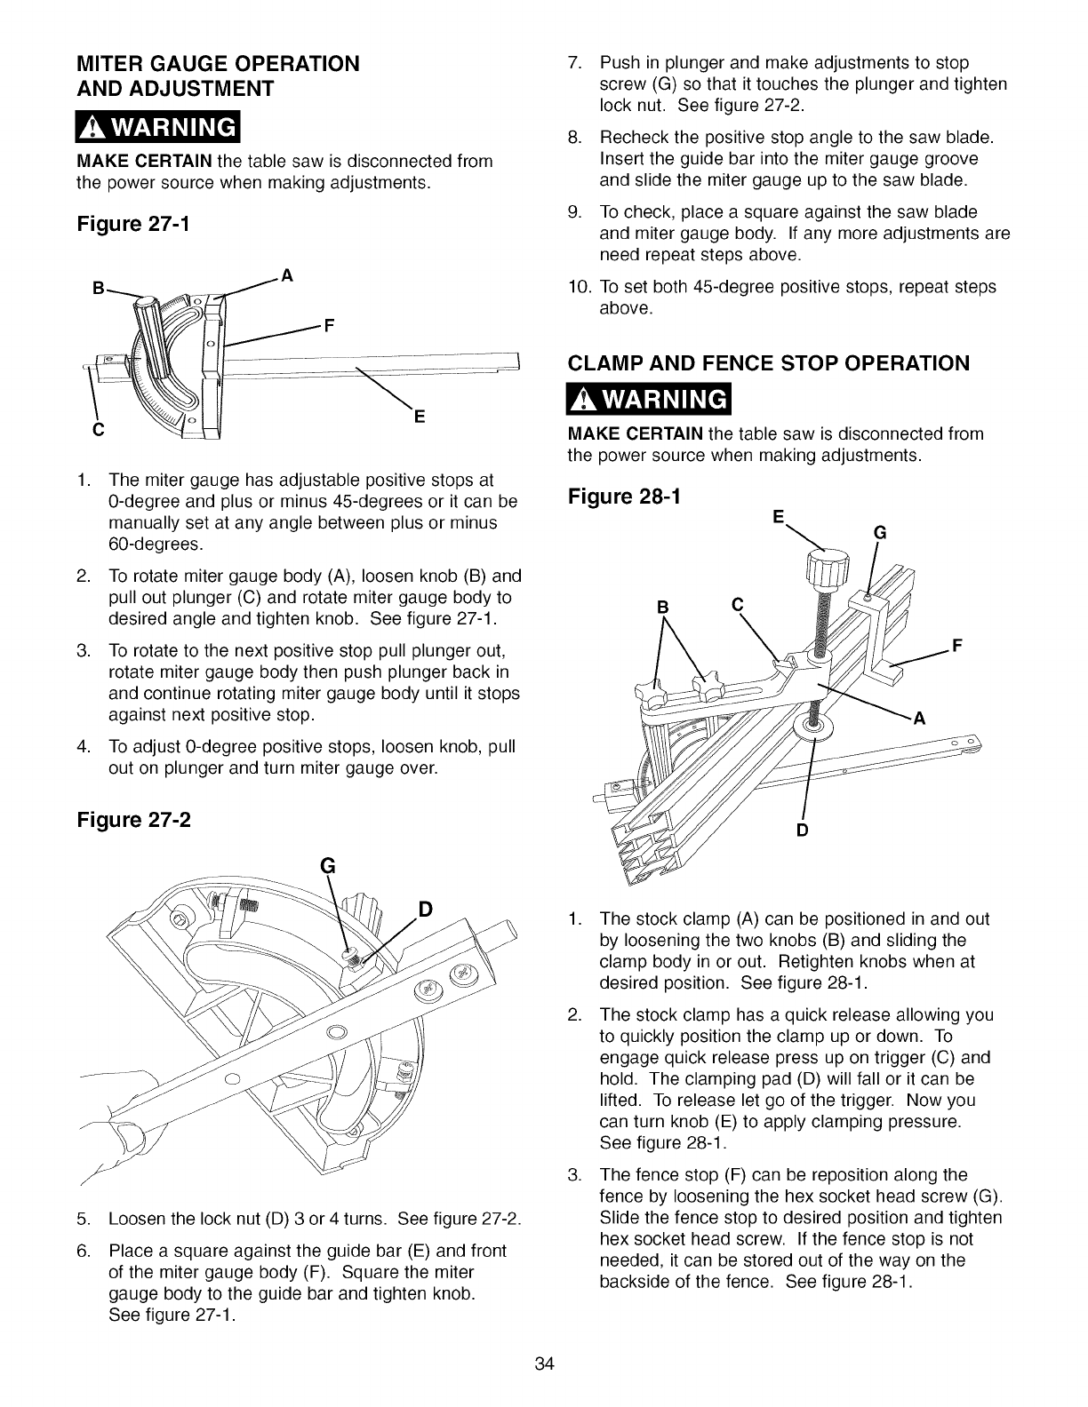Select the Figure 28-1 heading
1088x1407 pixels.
coord(624,497)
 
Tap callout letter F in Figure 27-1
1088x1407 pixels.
coord(328,325)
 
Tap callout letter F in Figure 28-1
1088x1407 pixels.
coord(958,645)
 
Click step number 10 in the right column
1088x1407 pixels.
coord(580,287)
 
